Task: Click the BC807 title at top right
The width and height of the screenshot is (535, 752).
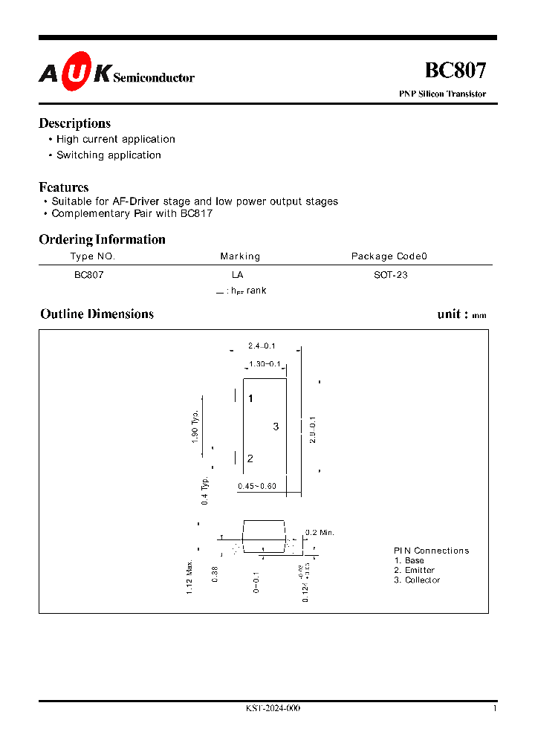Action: tap(455, 71)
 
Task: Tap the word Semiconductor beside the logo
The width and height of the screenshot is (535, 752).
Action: tap(154, 77)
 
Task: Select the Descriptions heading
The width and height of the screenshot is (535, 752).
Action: tap(74, 123)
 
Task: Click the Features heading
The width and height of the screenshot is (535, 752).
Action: tap(64, 187)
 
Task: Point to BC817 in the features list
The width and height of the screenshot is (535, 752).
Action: tap(197, 213)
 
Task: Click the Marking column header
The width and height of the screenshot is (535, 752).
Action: tap(240, 256)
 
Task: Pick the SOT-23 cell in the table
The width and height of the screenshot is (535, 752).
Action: tap(390, 275)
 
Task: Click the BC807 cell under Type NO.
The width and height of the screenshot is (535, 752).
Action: tap(88, 275)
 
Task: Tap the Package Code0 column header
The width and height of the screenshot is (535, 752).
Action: tap(389, 256)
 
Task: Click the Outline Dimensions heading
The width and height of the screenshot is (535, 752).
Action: tap(97, 314)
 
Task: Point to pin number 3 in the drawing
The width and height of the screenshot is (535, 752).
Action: tap(276, 427)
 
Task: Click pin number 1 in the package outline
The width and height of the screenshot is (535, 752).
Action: tap(250, 399)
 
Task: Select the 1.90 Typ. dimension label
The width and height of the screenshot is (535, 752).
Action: tap(195, 427)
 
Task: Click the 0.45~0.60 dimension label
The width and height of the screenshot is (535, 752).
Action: tap(257, 487)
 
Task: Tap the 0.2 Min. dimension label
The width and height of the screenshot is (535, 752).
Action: tap(321, 533)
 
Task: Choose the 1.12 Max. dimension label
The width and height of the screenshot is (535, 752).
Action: tap(190, 577)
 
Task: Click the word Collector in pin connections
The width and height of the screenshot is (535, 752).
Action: tap(422, 580)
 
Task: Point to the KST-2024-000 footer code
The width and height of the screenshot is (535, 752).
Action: tap(273, 708)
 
